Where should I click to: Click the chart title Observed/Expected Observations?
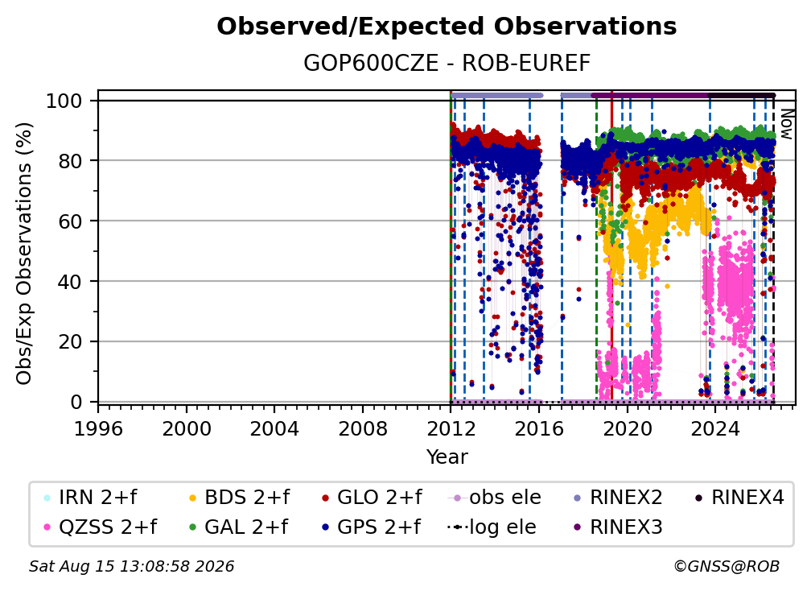[x=447, y=27]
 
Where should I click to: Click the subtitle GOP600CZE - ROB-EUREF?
[x=447, y=64]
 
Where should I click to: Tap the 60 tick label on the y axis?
[x=70, y=221]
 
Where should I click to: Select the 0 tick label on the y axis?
[x=76, y=402]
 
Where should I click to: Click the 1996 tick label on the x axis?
[x=98, y=429]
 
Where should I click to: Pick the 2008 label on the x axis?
[x=363, y=429]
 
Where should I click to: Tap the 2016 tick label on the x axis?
[x=539, y=429]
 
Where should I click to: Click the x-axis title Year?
[x=447, y=457]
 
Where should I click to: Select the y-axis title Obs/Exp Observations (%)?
[x=24, y=253]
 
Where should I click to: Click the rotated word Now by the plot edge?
[x=785, y=124]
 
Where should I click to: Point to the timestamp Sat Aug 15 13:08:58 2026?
[x=131, y=566]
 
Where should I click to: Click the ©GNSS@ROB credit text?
[x=727, y=566]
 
